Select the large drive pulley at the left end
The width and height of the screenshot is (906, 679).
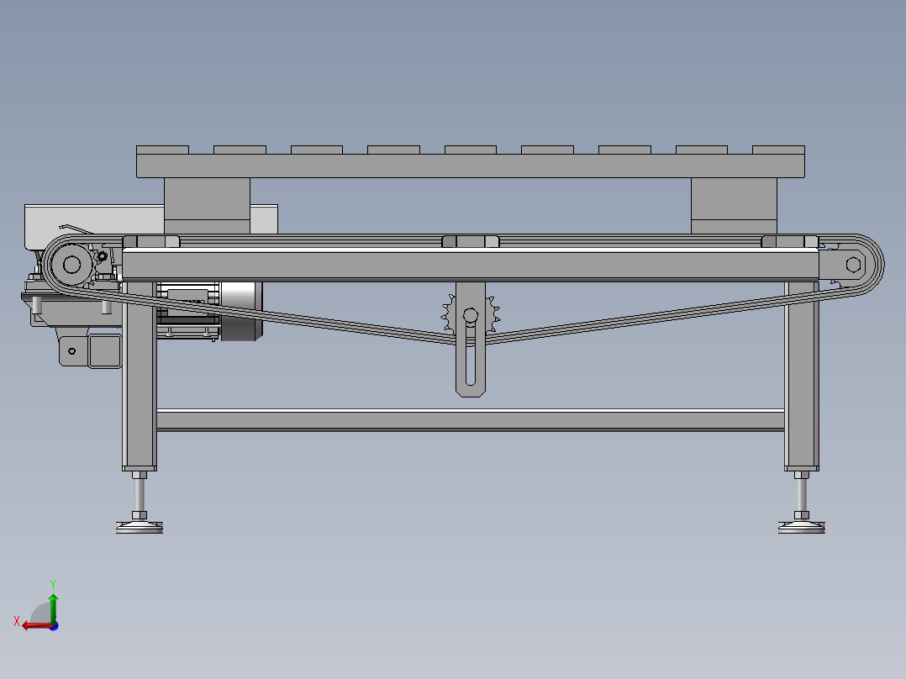click(x=71, y=265)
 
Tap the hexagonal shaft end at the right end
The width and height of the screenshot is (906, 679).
click(x=853, y=265)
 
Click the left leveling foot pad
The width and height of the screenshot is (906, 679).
click(x=140, y=527)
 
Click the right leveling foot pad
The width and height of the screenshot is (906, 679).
click(x=802, y=527)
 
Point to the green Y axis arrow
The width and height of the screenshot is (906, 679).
click(x=53, y=608)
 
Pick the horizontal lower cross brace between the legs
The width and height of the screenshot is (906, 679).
click(x=471, y=420)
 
